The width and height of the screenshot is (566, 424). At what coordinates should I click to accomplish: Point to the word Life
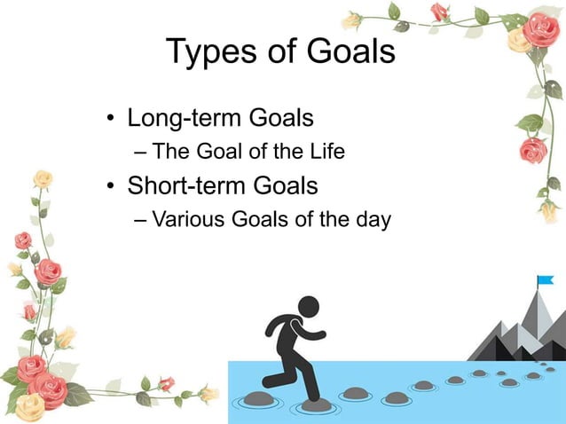coord(325,152)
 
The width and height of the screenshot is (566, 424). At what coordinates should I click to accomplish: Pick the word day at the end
coord(372,220)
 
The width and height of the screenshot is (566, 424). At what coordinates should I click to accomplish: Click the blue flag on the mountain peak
coord(544,282)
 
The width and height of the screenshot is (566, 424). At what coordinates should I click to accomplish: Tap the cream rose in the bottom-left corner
coord(28,406)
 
